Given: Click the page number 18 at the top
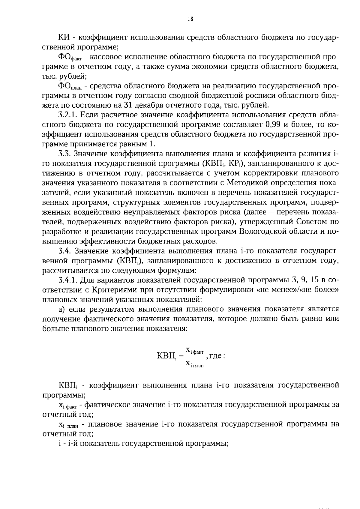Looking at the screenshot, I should (x=190, y=19).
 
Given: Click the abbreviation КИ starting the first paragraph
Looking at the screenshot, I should (x=64, y=37).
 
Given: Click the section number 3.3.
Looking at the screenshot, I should (x=64, y=154).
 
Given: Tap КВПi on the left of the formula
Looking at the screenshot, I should (x=166, y=357).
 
